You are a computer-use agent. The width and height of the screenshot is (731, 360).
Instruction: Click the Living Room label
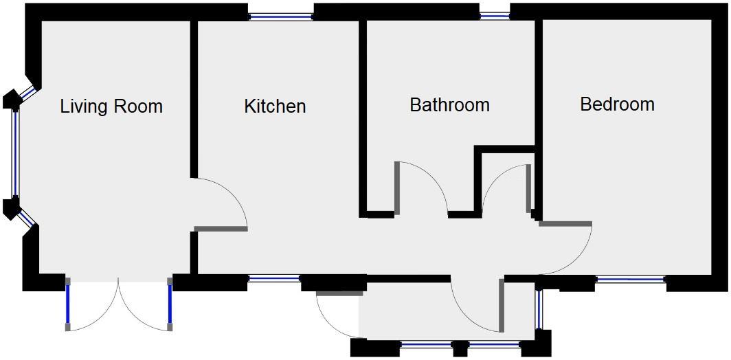point(111,106)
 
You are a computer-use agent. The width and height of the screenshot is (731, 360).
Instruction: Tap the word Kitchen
point(275,106)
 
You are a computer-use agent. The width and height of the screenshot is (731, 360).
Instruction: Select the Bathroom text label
point(450,104)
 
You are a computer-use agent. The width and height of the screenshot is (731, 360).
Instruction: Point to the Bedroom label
point(617,104)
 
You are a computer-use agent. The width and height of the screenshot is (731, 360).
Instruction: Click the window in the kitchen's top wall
point(280,16)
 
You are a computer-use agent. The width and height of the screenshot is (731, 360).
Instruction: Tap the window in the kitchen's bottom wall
point(274,279)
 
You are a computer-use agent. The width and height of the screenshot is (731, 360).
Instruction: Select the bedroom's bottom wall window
point(631,279)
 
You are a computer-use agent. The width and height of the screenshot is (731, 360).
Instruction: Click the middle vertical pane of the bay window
point(15,154)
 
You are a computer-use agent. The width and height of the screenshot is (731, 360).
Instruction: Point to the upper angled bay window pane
point(27,94)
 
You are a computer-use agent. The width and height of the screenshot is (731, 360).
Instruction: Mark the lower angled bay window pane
point(27,218)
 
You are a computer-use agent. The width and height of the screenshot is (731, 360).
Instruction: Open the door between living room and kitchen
point(220,229)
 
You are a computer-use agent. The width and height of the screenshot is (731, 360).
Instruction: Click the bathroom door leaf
point(397,188)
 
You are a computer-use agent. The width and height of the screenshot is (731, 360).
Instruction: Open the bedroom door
point(565,224)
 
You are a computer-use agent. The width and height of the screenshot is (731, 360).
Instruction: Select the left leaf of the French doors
point(68,304)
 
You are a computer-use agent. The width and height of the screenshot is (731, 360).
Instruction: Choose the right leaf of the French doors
point(170,304)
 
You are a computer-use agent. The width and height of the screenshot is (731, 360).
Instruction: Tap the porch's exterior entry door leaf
point(340,294)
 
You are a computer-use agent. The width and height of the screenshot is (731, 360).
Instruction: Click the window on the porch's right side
point(539,308)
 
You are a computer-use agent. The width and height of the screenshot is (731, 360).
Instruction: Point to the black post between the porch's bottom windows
point(460,348)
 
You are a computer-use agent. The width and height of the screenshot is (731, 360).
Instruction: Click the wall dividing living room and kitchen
point(194,99)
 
